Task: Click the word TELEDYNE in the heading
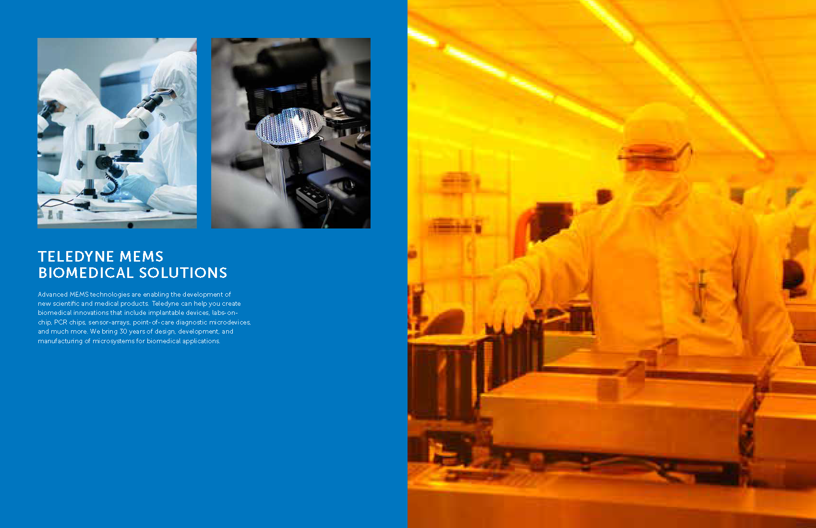point(76,256)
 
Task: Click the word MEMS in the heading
point(142,256)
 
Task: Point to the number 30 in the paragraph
point(123,331)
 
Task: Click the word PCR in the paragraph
point(60,322)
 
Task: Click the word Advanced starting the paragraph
point(52,294)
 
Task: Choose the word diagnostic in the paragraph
point(191,322)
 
